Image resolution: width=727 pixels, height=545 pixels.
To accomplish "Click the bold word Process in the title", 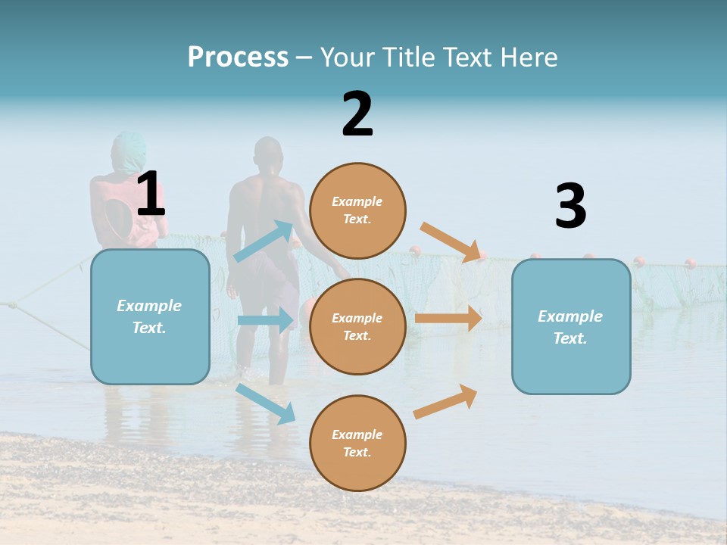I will (238, 57).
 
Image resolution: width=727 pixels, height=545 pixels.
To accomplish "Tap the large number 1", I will (151, 194).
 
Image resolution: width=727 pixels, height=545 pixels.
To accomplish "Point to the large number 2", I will (357, 114).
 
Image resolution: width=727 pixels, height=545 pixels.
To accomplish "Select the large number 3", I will (570, 206).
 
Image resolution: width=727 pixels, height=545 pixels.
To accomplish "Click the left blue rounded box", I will (150, 316).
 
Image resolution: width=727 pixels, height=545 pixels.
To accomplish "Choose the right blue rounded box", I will (571, 327).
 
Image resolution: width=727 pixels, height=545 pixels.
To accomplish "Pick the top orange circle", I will (357, 210).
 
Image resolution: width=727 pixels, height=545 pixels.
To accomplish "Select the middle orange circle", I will (357, 326).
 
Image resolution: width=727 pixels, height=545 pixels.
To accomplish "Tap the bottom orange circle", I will (357, 443).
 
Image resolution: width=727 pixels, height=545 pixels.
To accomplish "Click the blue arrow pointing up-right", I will (264, 241).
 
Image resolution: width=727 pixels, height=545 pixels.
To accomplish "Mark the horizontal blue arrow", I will (265, 320).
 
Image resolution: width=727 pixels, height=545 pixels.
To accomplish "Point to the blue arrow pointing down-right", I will (266, 403).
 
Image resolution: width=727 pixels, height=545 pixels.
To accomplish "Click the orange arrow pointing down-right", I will (452, 242).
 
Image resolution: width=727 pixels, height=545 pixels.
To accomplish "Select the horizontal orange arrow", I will (448, 319).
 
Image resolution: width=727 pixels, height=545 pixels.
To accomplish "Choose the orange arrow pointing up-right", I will (446, 401).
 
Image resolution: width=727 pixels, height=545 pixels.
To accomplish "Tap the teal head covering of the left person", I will (128, 151).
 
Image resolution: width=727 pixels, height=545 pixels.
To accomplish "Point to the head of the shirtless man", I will (269, 155).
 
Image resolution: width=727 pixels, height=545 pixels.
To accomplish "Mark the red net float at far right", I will (690, 263).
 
